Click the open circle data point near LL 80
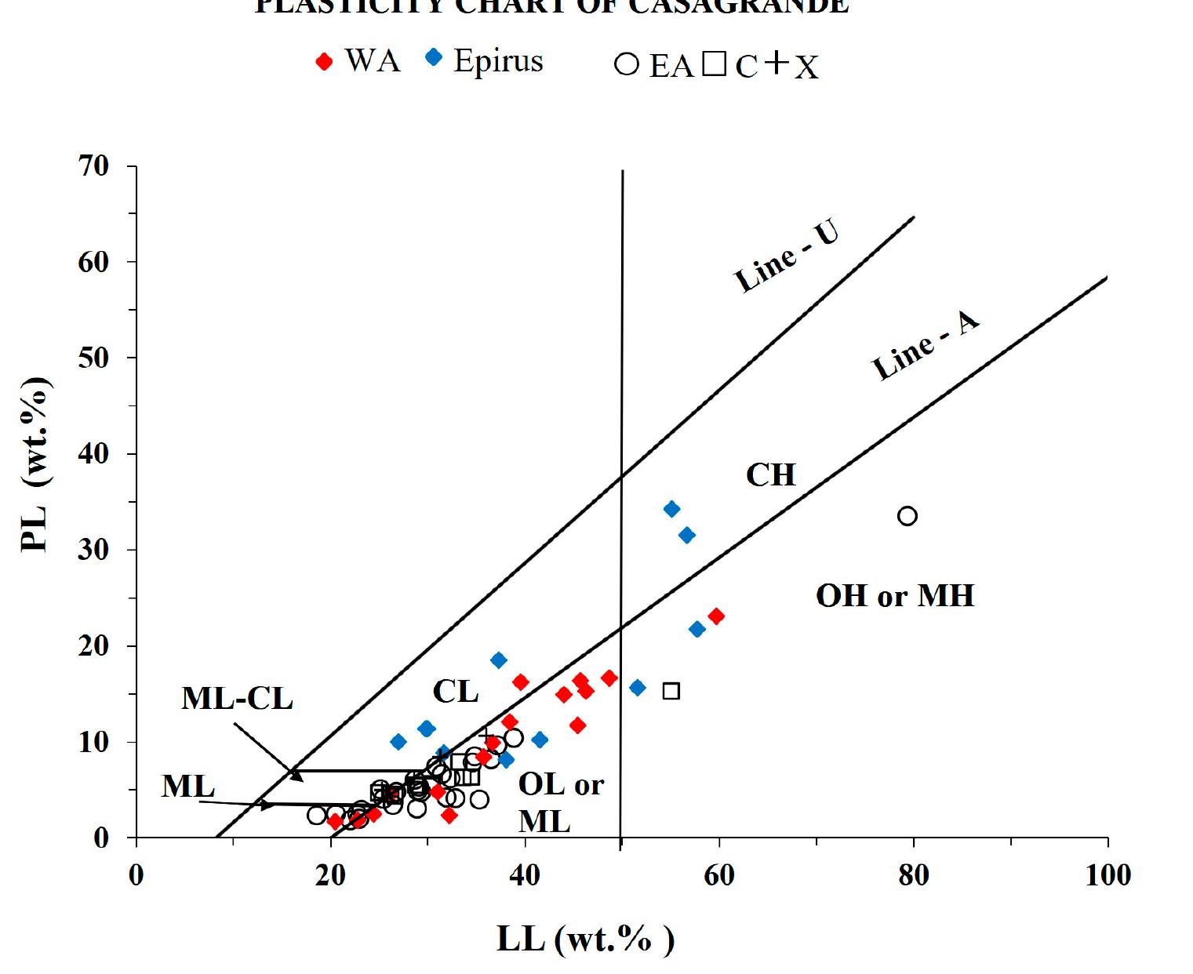[907, 516]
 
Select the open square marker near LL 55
[671, 691]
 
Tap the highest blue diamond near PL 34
[671, 509]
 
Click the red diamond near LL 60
[715, 616]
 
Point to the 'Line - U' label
[787, 256]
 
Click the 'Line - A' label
[926, 346]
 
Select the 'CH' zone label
[770, 475]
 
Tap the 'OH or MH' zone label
[895, 596]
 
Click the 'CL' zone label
[456, 692]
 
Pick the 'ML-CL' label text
[237, 698]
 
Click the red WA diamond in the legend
[324, 62]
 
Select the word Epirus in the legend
[498, 61]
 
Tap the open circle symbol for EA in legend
[627, 64]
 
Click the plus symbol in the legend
[776, 64]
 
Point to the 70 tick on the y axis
[93, 166]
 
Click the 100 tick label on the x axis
[1108, 874]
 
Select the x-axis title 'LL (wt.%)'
[585, 939]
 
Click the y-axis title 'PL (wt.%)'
[35, 464]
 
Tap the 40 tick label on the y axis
[93, 454]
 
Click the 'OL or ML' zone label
[560, 802]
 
